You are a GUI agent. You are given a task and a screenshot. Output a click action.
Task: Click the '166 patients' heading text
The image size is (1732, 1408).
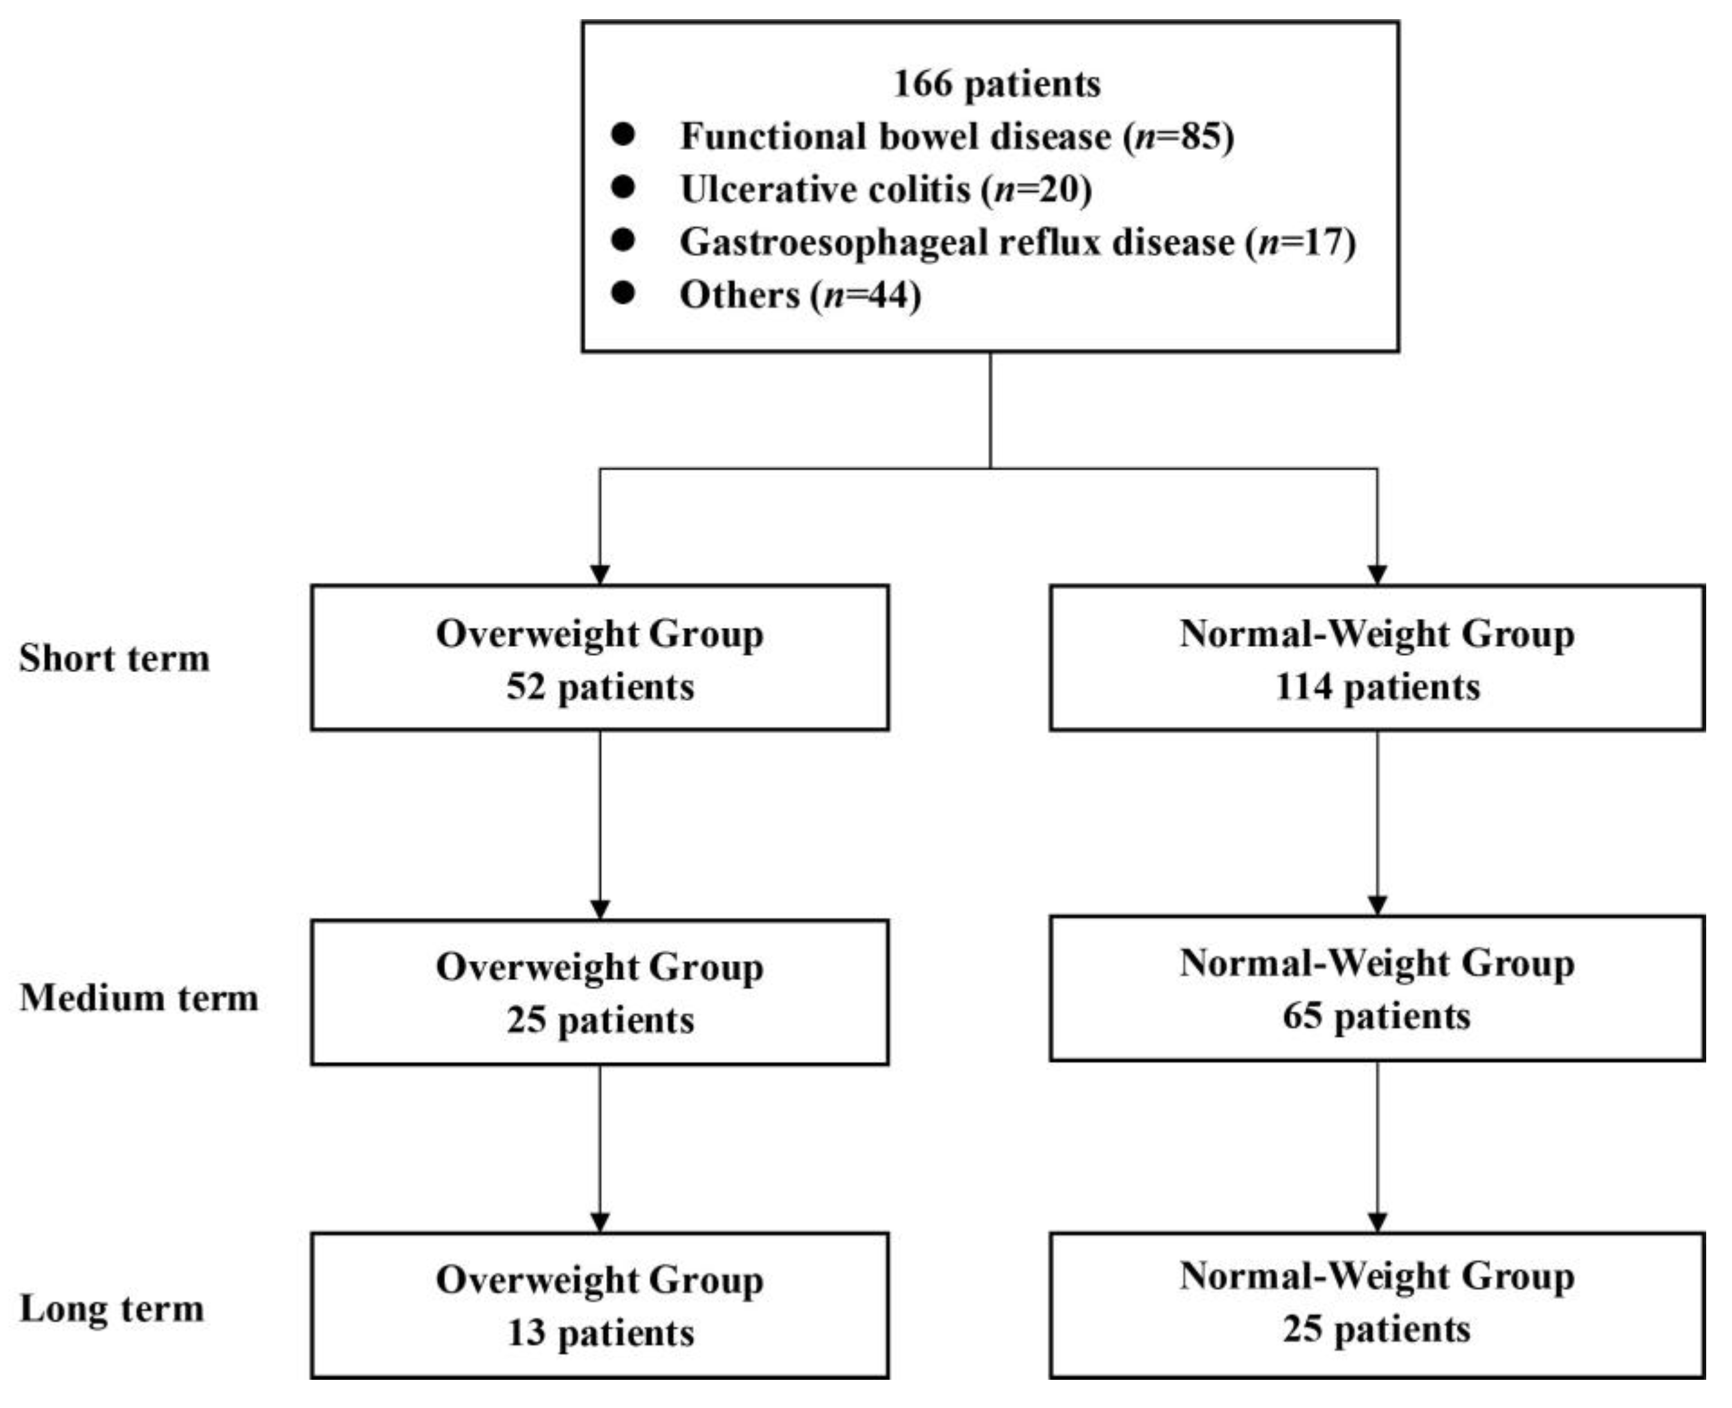coord(997,83)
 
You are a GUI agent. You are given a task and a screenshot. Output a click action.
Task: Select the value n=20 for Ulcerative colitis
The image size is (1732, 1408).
coord(1041,189)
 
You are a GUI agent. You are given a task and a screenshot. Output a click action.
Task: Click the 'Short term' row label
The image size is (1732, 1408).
coord(115,658)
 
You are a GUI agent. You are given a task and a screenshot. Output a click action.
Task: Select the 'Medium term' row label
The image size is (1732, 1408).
coord(139,997)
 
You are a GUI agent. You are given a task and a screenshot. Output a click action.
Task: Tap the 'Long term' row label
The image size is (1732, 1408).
coord(112,1308)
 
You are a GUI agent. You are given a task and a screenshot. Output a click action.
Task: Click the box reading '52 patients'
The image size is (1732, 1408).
coord(600,658)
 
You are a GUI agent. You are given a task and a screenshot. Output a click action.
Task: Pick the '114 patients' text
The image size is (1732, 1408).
coord(1377,687)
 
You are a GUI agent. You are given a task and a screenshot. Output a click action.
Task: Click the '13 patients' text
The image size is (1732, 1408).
coord(600,1334)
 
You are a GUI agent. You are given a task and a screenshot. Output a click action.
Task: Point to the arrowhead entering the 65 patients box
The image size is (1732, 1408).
coord(1377,904)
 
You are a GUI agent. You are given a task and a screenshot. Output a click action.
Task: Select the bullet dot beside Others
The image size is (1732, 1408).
coord(623,293)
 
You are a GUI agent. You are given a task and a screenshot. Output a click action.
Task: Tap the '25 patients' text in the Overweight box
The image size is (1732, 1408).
coord(600,1020)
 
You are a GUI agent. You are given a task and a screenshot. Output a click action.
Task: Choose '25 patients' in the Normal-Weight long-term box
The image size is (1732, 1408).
coord(1377,1329)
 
